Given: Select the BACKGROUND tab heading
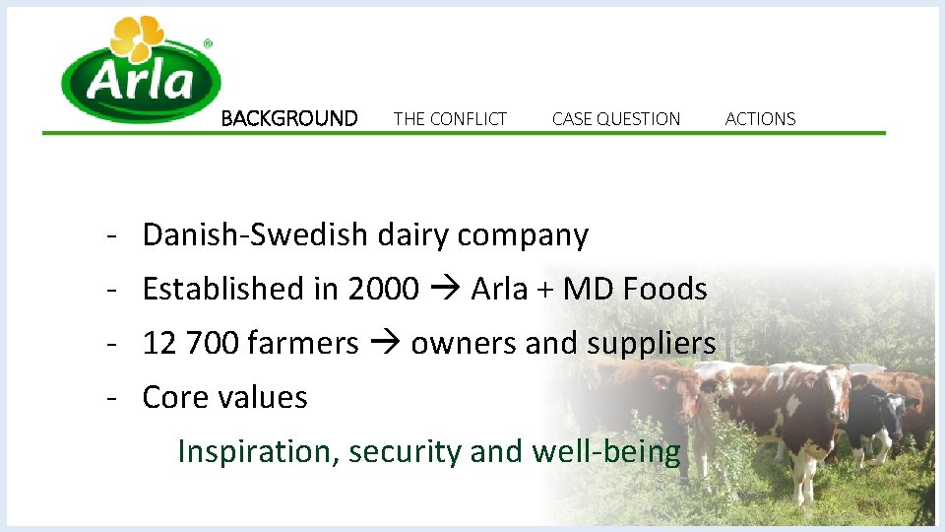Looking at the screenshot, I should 289,119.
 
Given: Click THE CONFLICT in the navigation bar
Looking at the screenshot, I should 450,119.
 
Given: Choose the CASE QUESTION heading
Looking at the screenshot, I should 616,119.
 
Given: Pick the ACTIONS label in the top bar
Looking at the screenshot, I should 760,119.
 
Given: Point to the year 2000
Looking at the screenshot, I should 383,290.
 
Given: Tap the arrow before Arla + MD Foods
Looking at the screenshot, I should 445,290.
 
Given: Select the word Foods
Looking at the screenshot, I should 665,290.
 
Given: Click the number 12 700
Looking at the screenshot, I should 191,344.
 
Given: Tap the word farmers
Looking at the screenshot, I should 303,344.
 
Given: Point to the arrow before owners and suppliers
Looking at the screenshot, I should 385,344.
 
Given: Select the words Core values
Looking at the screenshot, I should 224,398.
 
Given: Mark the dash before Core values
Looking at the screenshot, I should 114,398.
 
